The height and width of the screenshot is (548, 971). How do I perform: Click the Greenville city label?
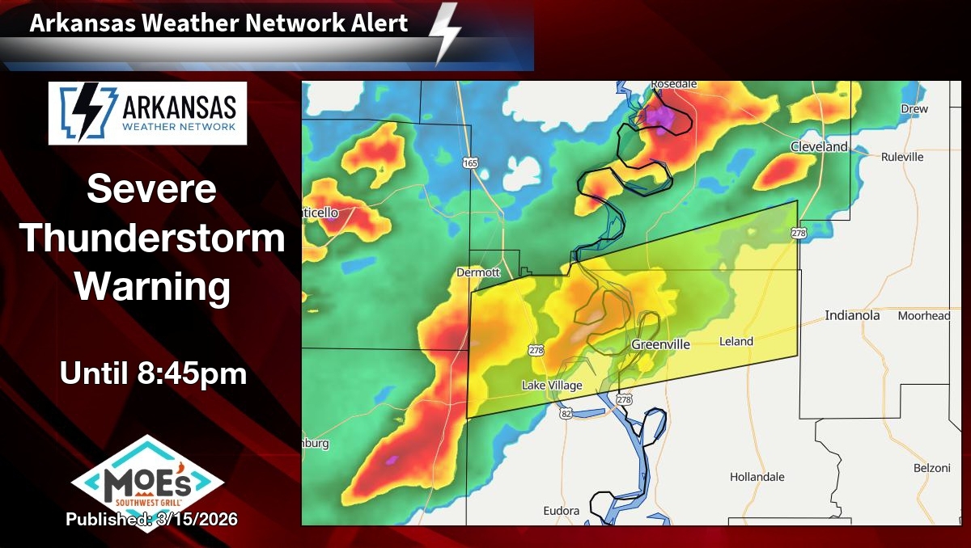pyautogui.click(x=660, y=345)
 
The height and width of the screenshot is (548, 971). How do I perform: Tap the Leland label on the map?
pyautogui.click(x=736, y=342)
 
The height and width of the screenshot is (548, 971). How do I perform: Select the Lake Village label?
pyautogui.click(x=552, y=386)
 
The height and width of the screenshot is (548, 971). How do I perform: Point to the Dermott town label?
pyautogui.click(x=478, y=272)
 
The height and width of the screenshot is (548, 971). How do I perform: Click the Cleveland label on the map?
pyautogui.click(x=819, y=147)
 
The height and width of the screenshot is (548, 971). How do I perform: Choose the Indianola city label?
pyautogui.click(x=852, y=315)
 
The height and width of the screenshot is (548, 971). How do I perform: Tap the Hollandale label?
pyautogui.click(x=757, y=477)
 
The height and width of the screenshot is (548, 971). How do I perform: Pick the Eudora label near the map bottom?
pyautogui.click(x=561, y=511)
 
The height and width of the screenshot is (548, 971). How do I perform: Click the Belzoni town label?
pyautogui.click(x=931, y=468)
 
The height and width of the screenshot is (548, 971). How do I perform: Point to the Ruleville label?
pyautogui.click(x=902, y=157)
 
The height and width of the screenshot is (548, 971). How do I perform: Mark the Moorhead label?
pyautogui.click(x=923, y=316)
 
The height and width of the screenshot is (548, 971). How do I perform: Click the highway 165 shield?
pyautogui.click(x=470, y=163)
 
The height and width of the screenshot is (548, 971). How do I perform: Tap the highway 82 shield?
pyautogui.click(x=564, y=413)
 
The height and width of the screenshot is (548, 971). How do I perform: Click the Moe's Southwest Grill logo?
pyautogui.click(x=148, y=482)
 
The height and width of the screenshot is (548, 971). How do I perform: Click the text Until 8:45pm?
pyautogui.click(x=152, y=374)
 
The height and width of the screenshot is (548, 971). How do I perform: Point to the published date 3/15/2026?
pyautogui.click(x=152, y=519)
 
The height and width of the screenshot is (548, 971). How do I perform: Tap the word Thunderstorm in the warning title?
pyautogui.click(x=152, y=239)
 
